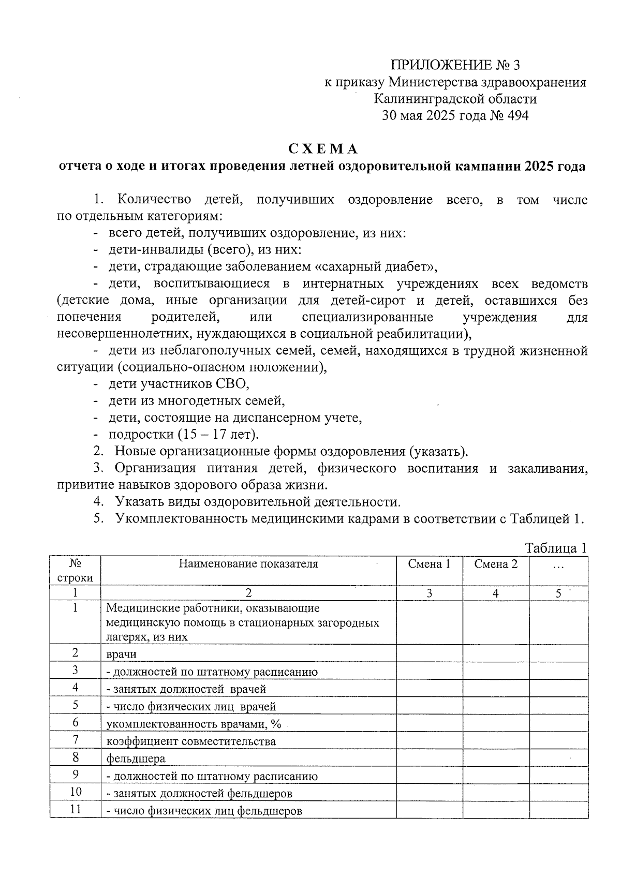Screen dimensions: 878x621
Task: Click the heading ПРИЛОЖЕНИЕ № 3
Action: tap(455, 65)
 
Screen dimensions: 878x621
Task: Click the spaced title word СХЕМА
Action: tap(323, 149)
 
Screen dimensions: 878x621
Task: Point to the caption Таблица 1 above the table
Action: tap(556, 548)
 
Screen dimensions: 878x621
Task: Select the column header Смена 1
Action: tap(429, 564)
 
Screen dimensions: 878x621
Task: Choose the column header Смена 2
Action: tap(496, 564)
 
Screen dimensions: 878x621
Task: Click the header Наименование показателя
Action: tap(248, 564)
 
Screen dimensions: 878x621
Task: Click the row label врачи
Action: tap(121, 654)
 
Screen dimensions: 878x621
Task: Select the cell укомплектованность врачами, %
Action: tap(194, 724)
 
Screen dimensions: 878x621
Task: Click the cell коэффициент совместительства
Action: tap(191, 741)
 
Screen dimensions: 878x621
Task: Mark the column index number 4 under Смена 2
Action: tap(496, 594)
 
